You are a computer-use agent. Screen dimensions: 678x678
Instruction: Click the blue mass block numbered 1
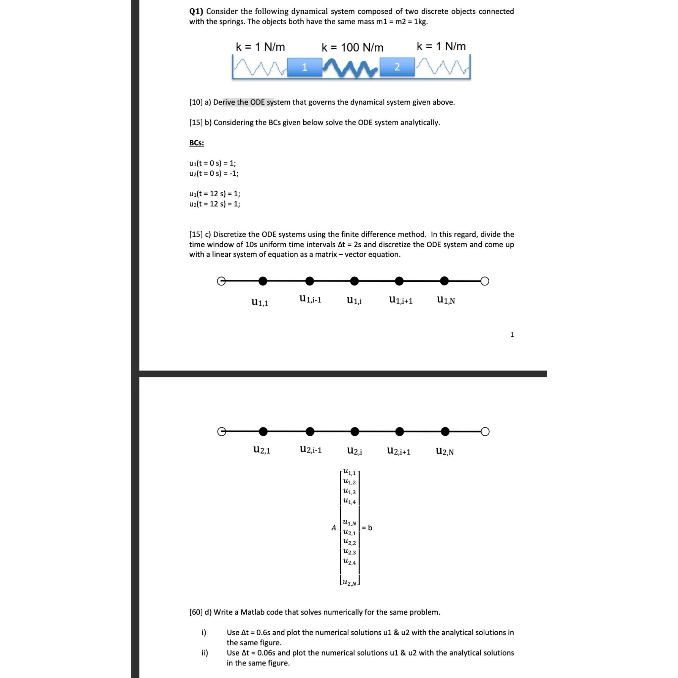pyautogui.click(x=304, y=67)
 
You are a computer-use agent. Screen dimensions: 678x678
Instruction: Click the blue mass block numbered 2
pyautogui.click(x=397, y=67)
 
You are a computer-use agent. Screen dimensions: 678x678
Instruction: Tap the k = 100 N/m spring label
pyautogui.click(x=352, y=47)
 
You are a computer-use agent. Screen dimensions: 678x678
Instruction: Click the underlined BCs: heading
pyautogui.click(x=197, y=143)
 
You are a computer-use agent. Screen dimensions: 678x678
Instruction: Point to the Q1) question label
pyautogui.click(x=196, y=12)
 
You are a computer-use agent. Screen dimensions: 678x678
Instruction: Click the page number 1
pyautogui.click(x=512, y=334)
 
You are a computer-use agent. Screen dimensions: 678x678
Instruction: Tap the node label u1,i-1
pyautogui.click(x=310, y=299)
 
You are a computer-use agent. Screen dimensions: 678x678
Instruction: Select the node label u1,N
pyautogui.click(x=446, y=300)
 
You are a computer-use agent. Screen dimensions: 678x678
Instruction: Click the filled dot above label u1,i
pyautogui.click(x=355, y=281)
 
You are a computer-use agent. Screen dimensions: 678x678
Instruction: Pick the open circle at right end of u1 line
pyautogui.click(x=485, y=281)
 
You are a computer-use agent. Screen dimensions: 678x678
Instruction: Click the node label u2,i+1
pyautogui.click(x=399, y=451)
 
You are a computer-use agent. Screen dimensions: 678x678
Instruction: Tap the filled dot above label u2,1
pyautogui.click(x=263, y=431)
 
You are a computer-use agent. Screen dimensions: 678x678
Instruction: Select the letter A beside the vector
pyautogui.click(x=333, y=527)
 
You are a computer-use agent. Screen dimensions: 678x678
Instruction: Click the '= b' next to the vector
pyautogui.click(x=367, y=527)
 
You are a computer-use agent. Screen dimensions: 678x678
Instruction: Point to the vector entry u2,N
pyautogui.click(x=350, y=583)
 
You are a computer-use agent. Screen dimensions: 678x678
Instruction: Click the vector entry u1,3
pyautogui.click(x=350, y=492)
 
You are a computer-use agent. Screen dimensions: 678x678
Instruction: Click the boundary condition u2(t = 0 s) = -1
pyautogui.click(x=214, y=173)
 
